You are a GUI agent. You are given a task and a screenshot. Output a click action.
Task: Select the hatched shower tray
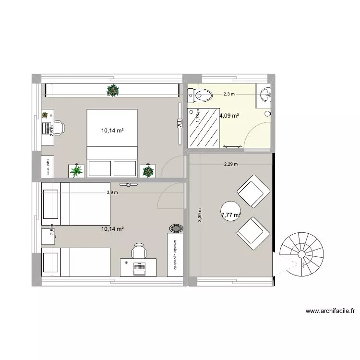coord(203,127)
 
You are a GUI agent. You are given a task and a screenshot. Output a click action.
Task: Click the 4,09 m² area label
coord(229,115)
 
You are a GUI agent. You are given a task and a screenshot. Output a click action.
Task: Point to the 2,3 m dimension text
coord(228,94)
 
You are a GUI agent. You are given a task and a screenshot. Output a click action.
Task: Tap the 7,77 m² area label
coord(230,215)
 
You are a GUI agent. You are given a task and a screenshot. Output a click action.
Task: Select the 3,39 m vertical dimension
coord(200,214)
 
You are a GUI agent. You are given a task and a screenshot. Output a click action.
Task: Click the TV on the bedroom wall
coord(179,123)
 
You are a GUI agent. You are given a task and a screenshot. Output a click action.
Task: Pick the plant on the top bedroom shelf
coord(112,89)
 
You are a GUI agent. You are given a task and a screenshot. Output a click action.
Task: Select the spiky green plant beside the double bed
coord(76,170)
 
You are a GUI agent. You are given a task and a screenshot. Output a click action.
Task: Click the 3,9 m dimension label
coord(112,192)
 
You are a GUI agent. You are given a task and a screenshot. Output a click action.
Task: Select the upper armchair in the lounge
coord(251,191)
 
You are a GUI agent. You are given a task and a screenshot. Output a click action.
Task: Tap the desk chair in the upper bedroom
coord(59,128)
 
